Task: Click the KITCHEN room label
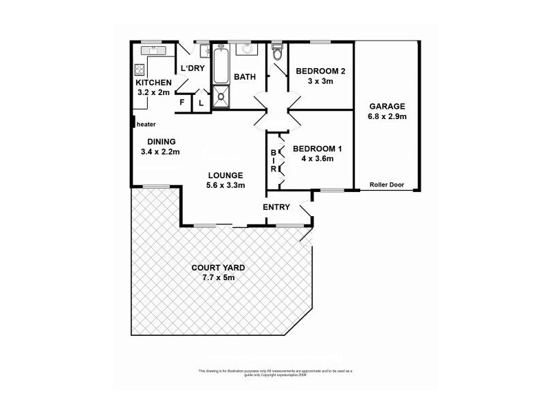(x=153, y=83)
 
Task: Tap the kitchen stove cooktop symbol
(x=140, y=69)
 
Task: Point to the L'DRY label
(x=192, y=69)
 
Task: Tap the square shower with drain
(x=221, y=98)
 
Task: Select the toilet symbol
(x=277, y=52)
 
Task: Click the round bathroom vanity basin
(x=245, y=50)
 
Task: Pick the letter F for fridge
(x=182, y=103)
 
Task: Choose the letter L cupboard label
(x=201, y=103)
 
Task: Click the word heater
(x=146, y=125)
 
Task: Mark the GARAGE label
(x=387, y=106)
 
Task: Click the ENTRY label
(x=276, y=207)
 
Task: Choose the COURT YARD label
(x=217, y=268)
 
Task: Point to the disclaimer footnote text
(x=275, y=372)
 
